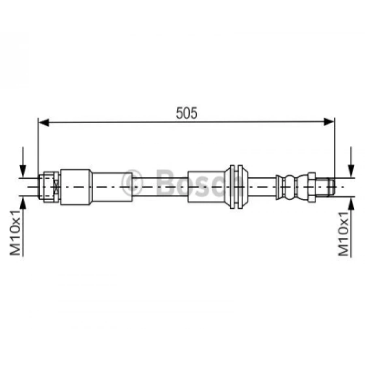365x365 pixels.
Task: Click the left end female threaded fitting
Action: [48, 186]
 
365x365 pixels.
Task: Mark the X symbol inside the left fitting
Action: [56, 187]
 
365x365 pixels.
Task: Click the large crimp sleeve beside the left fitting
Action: [76, 187]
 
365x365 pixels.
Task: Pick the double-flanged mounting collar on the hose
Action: [236, 187]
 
